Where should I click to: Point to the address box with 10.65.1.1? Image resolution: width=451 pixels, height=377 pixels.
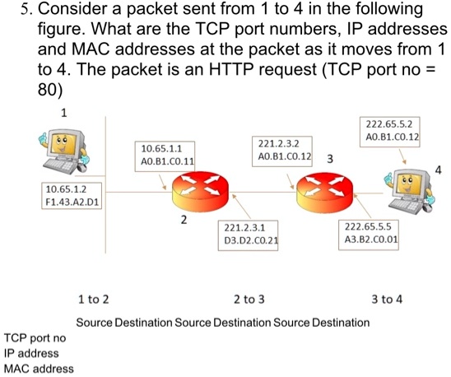point(167,155)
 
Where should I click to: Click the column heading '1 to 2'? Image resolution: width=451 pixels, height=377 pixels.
point(93,299)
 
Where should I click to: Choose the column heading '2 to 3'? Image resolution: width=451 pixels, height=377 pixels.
point(249,299)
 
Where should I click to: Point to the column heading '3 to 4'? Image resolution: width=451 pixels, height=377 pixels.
point(387,299)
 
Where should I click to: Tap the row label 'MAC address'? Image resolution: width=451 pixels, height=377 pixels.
point(38,368)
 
